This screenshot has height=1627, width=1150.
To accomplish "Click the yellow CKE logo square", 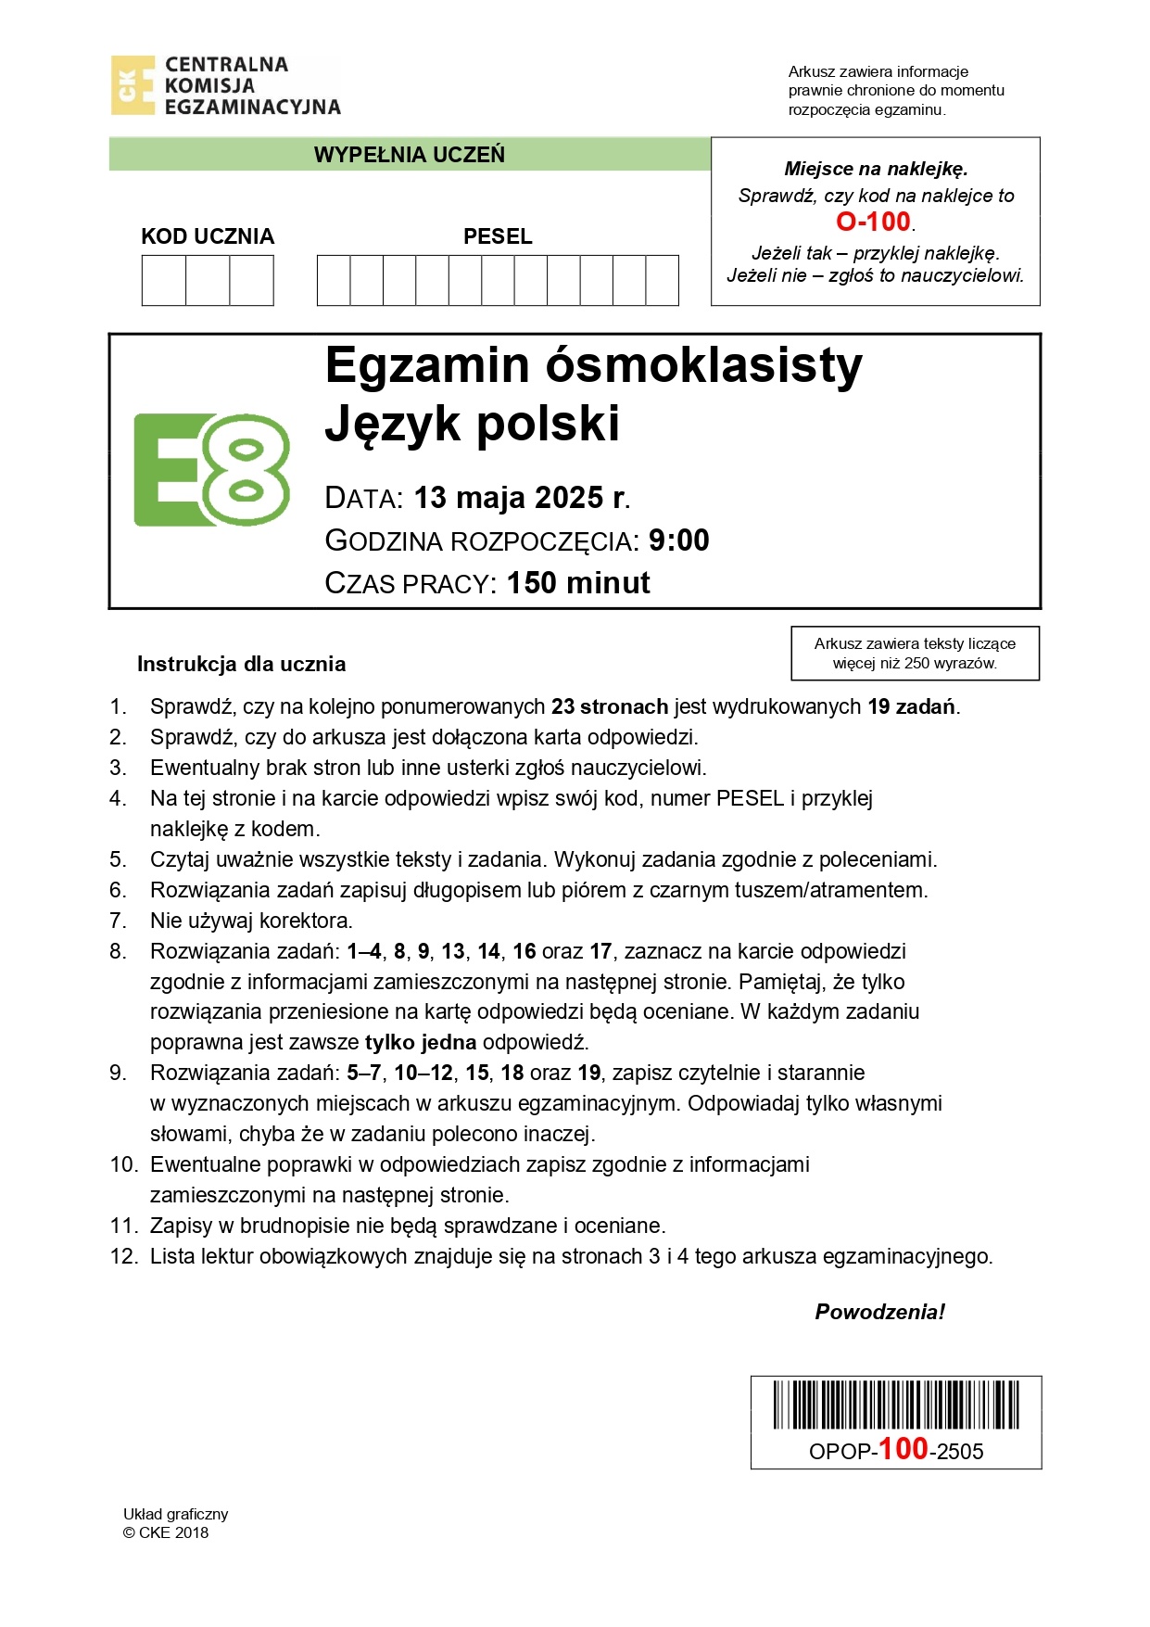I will click(x=133, y=85).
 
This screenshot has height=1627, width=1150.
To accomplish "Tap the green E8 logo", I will click(x=212, y=470).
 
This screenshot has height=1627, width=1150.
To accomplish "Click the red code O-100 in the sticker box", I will click(x=873, y=222).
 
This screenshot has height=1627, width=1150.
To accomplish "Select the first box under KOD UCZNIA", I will click(x=164, y=281).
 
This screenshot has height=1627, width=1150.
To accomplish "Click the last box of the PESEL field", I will click(x=662, y=281).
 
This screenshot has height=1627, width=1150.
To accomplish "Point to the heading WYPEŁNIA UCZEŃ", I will click(x=410, y=155).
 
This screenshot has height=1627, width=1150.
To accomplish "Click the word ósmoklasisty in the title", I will click(x=703, y=365).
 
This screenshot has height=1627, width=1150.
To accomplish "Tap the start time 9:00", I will click(x=678, y=540).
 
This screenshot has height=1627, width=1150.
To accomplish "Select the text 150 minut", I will click(x=578, y=583).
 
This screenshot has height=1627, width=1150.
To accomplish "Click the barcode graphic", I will click(x=896, y=1405).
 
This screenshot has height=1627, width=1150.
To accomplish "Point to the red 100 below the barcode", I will click(x=903, y=1449).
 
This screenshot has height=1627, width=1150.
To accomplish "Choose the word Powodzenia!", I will click(x=879, y=1312).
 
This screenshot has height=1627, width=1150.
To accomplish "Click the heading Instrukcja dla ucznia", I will click(x=241, y=664).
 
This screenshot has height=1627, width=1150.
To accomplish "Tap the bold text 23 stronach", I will click(x=610, y=706).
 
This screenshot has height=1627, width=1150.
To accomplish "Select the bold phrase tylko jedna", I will click(x=421, y=1042).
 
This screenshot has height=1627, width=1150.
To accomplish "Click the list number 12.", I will click(x=122, y=1256).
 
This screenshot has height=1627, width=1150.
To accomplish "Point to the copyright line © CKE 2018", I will click(x=166, y=1532).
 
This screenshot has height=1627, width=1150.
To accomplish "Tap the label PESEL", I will click(x=498, y=236).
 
